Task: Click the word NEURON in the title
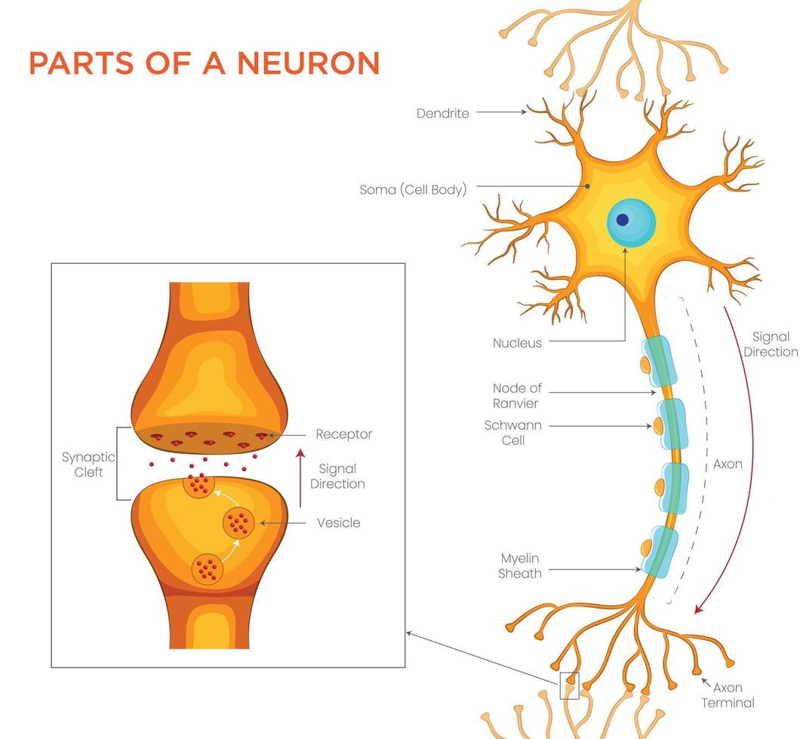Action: tap(308, 63)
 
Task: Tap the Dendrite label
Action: tap(442, 113)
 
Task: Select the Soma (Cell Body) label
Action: tap(414, 190)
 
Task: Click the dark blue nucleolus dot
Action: tap(622, 219)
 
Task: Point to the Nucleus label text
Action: tap(517, 343)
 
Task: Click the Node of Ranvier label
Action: tap(517, 396)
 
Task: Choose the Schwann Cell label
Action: tap(512, 433)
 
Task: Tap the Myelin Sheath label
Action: tap(520, 566)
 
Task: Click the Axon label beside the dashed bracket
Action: tap(728, 465)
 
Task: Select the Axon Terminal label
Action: tap(728, 695)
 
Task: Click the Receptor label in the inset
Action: tap(343, 434)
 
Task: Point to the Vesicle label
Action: tap(339, 523)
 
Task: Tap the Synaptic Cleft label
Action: tap(88, 465)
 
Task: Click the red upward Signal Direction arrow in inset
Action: tap(300, 478)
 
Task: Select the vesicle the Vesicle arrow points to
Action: tap(238, 523)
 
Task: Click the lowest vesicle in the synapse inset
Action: tap(208, 569)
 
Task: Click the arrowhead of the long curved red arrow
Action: tap(698, 609)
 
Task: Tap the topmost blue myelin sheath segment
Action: tap(660, 360)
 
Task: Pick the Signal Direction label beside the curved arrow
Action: tap(771, 345)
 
